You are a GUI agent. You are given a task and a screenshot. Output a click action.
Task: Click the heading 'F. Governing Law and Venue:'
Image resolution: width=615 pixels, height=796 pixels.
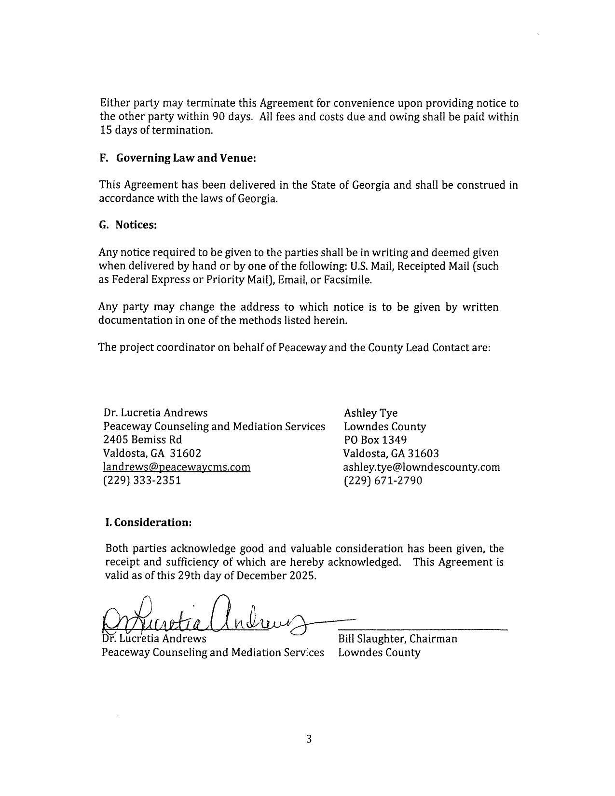(x=177, y=158)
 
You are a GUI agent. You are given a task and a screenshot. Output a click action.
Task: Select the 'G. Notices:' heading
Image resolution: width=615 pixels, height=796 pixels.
(x=128, y=225)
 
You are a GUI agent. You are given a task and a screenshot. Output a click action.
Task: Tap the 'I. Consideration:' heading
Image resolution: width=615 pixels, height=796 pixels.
(x=149, y=522)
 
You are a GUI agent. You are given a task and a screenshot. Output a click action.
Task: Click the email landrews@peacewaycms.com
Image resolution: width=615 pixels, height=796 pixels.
(x=177, y=467)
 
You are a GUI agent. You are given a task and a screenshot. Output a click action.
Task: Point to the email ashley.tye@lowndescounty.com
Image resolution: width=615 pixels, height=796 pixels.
(x=421, y=467)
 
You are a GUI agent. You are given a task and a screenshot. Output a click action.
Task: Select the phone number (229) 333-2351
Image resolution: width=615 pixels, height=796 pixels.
(x=142, y=480)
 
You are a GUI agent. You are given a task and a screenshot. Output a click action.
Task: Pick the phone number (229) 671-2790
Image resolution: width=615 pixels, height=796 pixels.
(x=383, y=480)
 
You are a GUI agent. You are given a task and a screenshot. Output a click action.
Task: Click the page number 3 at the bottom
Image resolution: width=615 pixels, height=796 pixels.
(x=309, y=739)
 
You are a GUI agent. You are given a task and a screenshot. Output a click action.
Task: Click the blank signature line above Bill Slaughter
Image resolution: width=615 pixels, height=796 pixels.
(x=423, y=629)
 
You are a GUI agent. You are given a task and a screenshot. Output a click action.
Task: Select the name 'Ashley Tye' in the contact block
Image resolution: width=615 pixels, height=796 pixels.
(x=370, y=413)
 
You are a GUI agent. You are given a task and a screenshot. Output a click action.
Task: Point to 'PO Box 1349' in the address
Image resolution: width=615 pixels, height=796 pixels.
(x=375, y=440)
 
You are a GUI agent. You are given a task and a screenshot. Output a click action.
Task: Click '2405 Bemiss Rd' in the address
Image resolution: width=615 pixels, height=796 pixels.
(x=142, y=440)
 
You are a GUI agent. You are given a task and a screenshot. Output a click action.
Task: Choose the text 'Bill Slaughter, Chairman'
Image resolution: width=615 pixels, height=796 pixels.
(x=397, y=639)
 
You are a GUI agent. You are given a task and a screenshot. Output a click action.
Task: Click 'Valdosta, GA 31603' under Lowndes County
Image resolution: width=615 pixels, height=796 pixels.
(x=391, y=453)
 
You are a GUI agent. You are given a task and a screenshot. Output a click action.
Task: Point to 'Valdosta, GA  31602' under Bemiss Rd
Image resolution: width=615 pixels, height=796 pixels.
(x=152, y=453)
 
